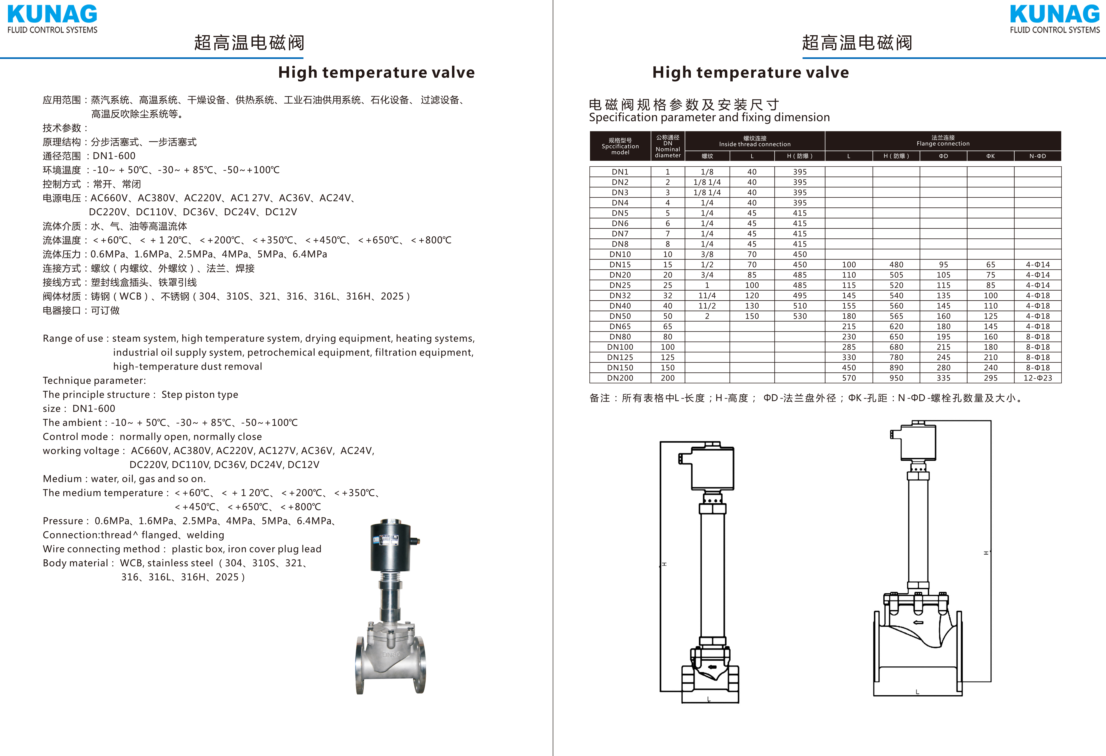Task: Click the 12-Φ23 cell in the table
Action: coord(1037,378)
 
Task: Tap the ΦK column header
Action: coord(990,156)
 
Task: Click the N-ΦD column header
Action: coord(1037,156)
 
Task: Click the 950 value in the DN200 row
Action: coord(896,378)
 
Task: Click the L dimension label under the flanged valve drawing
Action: coord(917,692)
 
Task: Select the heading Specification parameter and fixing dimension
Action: coord(709,118)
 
